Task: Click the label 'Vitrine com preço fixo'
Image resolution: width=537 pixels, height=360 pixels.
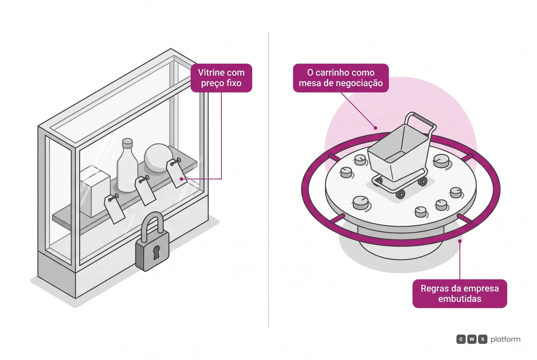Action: pos(221,78)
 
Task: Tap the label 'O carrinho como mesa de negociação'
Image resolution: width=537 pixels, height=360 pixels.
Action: pos(341,78)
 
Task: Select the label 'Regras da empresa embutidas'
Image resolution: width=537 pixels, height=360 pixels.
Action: pos(460,293)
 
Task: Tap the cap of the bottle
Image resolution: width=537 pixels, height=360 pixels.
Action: pos(128,142)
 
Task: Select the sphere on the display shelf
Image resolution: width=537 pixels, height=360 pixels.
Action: pos(158,158)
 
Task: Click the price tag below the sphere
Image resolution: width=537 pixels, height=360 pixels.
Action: pos(176,173)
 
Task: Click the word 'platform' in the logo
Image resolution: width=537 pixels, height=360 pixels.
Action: pos(505,339)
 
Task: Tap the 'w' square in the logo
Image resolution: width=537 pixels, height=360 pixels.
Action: pos(472,339)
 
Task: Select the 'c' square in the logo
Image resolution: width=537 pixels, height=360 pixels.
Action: pos(461,339)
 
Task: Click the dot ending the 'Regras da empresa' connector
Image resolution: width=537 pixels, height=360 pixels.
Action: pos(460,241)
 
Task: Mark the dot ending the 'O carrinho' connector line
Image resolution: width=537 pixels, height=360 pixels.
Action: pos(375,128)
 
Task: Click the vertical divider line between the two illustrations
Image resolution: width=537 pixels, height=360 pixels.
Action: pos(268,180)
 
